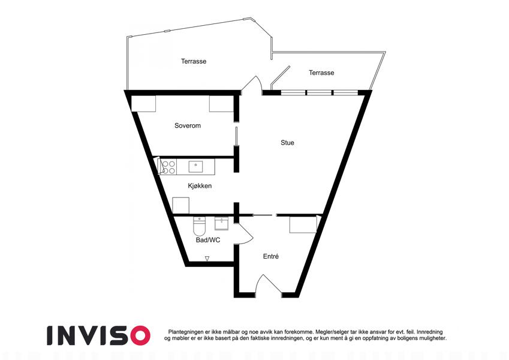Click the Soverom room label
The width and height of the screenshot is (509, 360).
pyautogui.click(x=188, y=126)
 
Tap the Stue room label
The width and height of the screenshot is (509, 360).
pyautogui.click(x=287, y=143)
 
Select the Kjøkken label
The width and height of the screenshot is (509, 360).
pyautogui.click(x=200, y=186)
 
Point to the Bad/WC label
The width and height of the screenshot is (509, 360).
pyautogui.click(x=208, y=240)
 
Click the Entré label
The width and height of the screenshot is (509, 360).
pyautogui.click(x=271, y=256)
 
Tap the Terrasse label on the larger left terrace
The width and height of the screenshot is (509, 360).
pyautogui.click(x=194, y=61)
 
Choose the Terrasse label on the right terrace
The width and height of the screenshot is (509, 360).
pyautogui.click(x=321, y=73)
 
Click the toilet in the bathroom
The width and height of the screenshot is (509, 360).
pyautogui.click(x=199, y=226)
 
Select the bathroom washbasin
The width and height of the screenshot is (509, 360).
pyautogui.click(x=221, y=224)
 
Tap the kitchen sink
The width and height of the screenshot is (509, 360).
pyautogui.click(x=195, y=166)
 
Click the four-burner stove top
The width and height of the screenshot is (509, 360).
pyautogui.click(x=168, y=167)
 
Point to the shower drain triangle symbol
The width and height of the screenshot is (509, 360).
pyautogui.click(x=207, y=259)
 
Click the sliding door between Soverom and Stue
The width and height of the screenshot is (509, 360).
pyautogui.click(x=237, y=136)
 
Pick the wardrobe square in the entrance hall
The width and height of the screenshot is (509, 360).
pyautogui.click(x=303, y=225)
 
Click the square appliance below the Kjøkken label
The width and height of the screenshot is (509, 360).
pyautogui.click(x=181, y=205)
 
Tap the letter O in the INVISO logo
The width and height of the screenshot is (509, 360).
pyautogui.click(x=138, y=335)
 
